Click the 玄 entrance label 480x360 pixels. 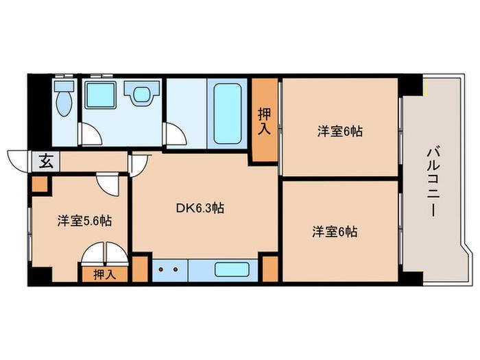pos(46,161)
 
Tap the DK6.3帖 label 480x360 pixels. pos(200,208)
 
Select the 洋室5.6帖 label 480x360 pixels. pos(84,221)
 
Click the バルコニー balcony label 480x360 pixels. pos(434,182)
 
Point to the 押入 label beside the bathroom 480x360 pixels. pos(265,121)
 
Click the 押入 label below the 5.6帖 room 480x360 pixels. pos(105,274)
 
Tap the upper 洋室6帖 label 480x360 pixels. pos(340,132)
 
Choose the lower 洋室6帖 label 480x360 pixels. pos(335,232)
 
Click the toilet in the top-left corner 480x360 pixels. pos(64,99)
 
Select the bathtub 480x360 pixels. pos(228,114)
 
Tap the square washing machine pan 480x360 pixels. pos(100,95)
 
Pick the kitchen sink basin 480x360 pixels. pos(232,269)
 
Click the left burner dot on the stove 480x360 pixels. pos(160,269)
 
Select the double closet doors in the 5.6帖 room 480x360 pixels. pos(104,254)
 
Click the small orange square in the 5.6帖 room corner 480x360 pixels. pos(40,184)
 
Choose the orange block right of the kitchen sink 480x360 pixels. pos(270,269)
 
